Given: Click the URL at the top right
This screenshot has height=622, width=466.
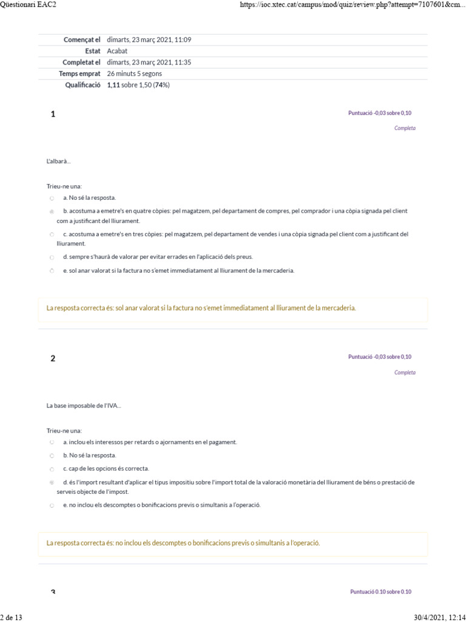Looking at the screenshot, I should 353,5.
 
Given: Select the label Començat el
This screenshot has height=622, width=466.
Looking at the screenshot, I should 82,39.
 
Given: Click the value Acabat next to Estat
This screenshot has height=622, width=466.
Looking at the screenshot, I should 117,51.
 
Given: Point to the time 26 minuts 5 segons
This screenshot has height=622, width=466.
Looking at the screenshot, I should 134,73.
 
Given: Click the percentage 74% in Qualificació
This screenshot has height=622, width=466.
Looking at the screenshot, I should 162,85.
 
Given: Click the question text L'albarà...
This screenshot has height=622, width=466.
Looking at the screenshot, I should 58,161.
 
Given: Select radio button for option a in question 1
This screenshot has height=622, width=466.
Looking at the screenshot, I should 52,198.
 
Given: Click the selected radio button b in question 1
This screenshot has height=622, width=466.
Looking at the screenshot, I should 52,211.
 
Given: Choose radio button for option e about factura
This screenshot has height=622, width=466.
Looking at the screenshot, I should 52,271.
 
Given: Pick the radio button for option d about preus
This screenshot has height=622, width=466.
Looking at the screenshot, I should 52,257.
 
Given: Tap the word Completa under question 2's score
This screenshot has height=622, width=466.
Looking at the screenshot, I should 405,372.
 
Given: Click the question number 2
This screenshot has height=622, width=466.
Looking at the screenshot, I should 53,358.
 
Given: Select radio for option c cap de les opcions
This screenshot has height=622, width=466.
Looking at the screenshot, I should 52,469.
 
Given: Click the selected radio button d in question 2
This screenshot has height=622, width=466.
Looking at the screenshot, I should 52,482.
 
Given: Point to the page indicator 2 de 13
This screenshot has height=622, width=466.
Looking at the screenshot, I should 12,617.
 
